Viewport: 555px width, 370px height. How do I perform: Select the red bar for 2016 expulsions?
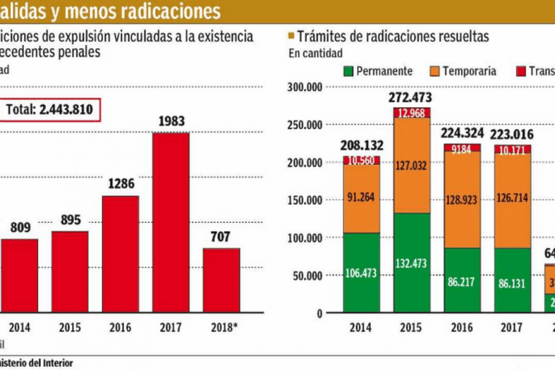(x=120, y=254)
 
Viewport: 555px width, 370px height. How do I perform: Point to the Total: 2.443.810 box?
(x=49, y=110)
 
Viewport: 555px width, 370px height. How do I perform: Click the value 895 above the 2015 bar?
(x=70, y=220)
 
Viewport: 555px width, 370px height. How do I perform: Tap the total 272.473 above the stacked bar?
(x=410, y=97)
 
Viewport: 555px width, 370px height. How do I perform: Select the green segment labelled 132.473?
(x=413, y=263)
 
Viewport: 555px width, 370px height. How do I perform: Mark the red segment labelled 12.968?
(x=413, y=112)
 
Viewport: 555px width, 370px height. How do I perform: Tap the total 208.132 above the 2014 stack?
(x=362, y=146)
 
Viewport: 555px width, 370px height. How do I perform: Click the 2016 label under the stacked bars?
(x=463, y=328)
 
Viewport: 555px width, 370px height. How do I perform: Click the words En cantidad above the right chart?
(x=316, y=53)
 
